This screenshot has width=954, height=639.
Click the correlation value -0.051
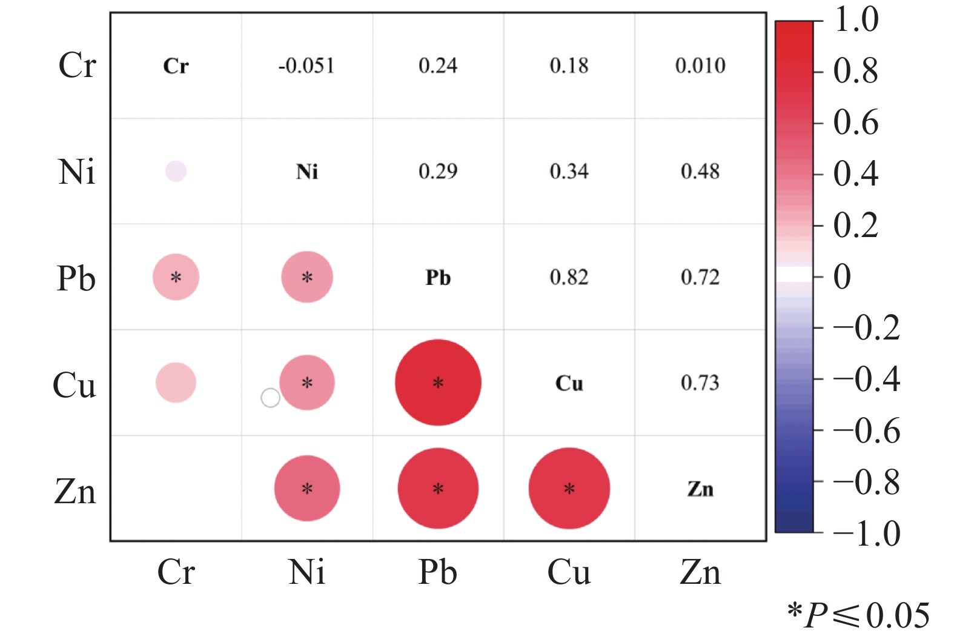click(x=306, y=65)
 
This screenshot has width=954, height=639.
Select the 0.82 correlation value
click(x=569, y=277)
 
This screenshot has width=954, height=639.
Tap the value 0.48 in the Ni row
click(x=700, y=172)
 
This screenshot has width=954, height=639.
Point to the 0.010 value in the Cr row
click(x=700, y=65)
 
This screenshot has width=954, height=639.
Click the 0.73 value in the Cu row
click(x=700, y=383)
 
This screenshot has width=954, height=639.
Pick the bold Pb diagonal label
click(x=438, y=278)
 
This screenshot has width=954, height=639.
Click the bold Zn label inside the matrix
click(x=700, y=489)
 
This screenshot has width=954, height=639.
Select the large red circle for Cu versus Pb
click(x=439, y=383)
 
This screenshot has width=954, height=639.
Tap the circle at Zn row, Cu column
click(x=569, y=488)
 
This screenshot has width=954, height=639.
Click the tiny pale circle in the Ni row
click(x=176, y=172)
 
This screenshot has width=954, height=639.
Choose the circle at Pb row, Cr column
click(x=176, y=277)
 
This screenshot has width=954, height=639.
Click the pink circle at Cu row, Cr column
click(x=176, y=383)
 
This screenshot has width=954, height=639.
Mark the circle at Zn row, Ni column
click(x=307, y=488)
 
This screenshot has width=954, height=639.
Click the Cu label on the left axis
click(x=74, y=384)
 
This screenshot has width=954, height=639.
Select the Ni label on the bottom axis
click(x=306, y=572)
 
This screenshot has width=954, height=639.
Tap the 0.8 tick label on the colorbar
click(x=856, y=71)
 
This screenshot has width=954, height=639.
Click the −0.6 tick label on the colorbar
click(x=867, y=431)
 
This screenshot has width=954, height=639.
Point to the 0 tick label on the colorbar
click(x=842, y=276)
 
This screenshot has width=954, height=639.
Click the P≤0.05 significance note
click(x=859, y=615)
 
